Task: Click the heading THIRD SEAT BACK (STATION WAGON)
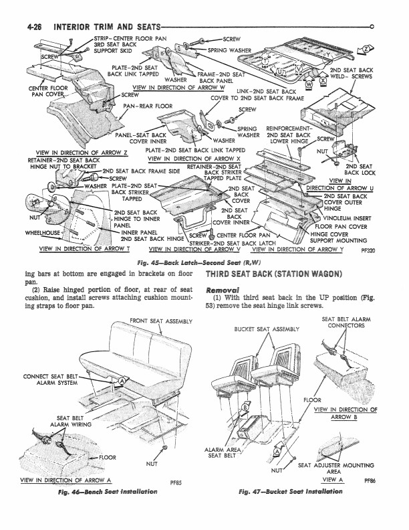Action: (x=273, y=274)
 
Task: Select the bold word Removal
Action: (x=225, y=288)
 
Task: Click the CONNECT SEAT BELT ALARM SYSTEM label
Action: (x=51, y=379)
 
